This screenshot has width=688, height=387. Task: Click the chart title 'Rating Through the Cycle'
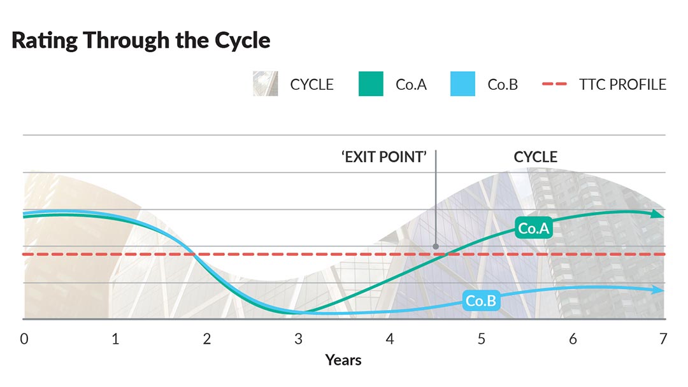click(x=141, y=41)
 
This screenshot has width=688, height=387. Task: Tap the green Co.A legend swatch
click(x=371, y=84)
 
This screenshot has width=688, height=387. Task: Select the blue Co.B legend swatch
click(x=462, y=84)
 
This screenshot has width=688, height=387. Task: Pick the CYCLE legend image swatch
click(x=265, y=84)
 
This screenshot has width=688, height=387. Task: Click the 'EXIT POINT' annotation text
click(x=383, y=157)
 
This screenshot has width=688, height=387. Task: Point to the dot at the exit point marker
click(x=436, y=246)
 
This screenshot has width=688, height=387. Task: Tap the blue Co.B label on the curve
click(x=480, y=301)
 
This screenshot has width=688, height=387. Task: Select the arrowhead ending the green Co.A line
click(x=659, y=215)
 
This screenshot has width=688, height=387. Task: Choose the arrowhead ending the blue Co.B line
click(x=659, y=290)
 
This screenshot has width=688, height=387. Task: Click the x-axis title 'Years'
click(x=343, y=360)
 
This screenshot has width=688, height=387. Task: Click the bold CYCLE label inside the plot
click(x=535, y=157)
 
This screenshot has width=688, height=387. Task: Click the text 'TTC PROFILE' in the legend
click(x=623, y=84)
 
